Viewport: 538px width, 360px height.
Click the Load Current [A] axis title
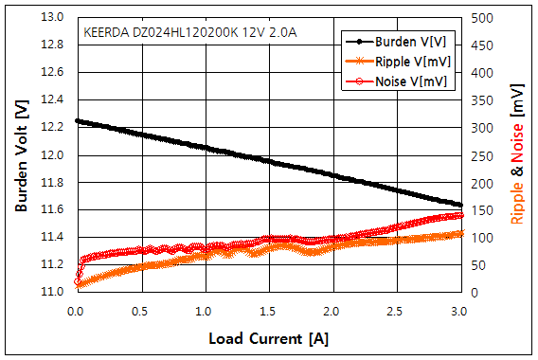(x=268, y=337)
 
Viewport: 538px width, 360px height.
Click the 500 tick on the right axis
(x=482, y=18)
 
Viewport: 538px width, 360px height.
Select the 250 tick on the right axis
(x=482, y=154)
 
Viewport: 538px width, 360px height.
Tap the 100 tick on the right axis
(x=482, y=237)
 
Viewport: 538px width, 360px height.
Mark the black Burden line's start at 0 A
(x=76, y=120)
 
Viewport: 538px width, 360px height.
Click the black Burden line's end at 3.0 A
(x=460, y=204)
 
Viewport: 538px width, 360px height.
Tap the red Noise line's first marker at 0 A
(x=77, y=281)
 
